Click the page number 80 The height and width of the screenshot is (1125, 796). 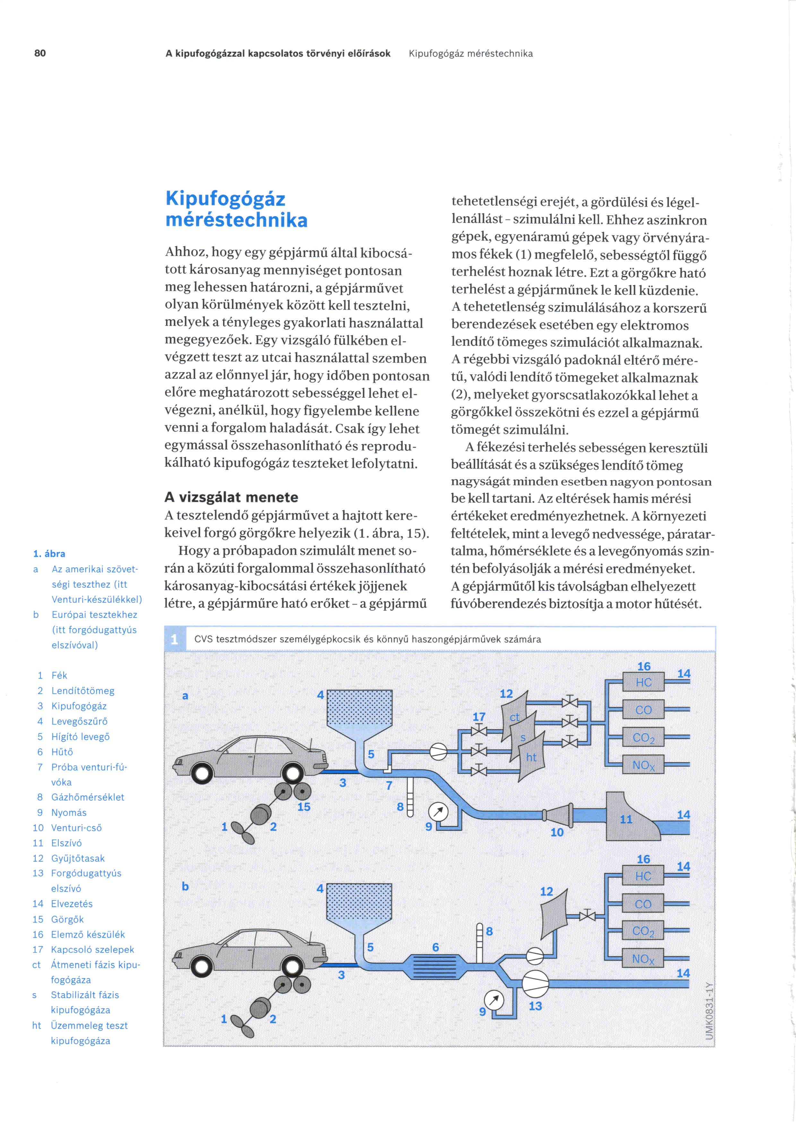tap(40, 53)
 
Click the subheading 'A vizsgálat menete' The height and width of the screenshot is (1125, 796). tap(231, 497)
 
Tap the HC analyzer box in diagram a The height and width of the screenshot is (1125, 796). tap(643, 682)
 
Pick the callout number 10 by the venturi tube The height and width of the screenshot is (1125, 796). tap(557, 832)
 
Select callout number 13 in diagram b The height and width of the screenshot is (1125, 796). tap(535, 1006)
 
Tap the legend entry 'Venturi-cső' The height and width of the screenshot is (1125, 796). tap(76, 828)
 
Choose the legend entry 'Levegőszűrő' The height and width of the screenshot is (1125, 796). tap(79, 721)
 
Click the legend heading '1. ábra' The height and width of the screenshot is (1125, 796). tap(49, 554)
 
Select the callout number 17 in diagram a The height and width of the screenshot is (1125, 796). tap(479, 717)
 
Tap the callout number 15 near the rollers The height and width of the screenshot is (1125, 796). tap(304, 806)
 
